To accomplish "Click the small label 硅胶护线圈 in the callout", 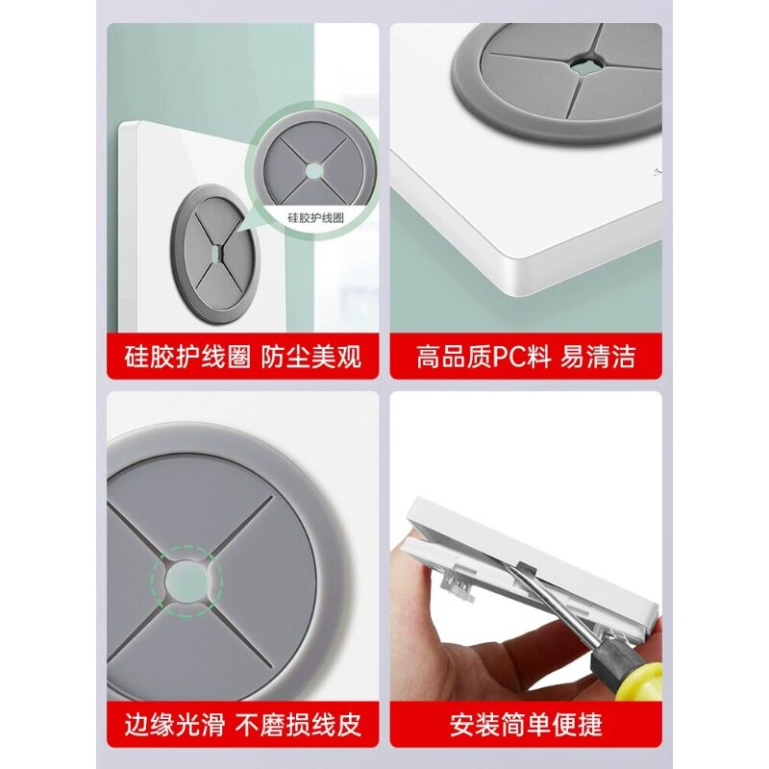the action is point(315,218).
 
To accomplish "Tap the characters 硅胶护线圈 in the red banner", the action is point(187,357).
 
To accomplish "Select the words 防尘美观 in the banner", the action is point(310,357).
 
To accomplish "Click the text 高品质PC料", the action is point(484,357).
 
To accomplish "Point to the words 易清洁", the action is point(597,357).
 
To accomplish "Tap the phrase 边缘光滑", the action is point(175,725).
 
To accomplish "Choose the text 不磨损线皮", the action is point(298,725).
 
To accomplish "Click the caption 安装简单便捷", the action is point(526,725).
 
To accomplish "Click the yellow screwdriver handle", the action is point(640,676).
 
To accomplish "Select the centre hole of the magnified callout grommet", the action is point(314,170).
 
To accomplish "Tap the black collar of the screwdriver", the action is point(608,654).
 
